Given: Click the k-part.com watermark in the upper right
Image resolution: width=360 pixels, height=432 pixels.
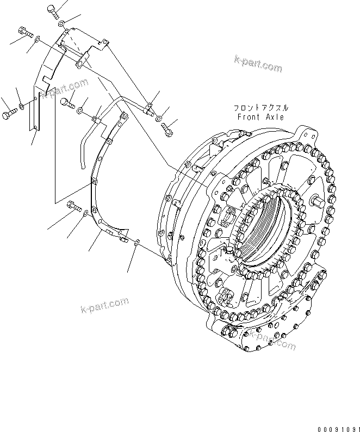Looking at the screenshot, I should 258,63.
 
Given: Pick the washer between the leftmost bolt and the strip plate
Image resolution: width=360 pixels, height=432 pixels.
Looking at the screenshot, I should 21,106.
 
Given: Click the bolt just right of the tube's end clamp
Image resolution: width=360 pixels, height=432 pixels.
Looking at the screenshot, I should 167,129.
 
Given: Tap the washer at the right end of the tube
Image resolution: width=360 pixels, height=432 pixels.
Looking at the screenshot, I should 158,118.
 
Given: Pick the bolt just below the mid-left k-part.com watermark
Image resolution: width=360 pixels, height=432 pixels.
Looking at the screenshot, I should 68,102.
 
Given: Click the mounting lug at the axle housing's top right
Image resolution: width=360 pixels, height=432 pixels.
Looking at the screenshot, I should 310,134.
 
